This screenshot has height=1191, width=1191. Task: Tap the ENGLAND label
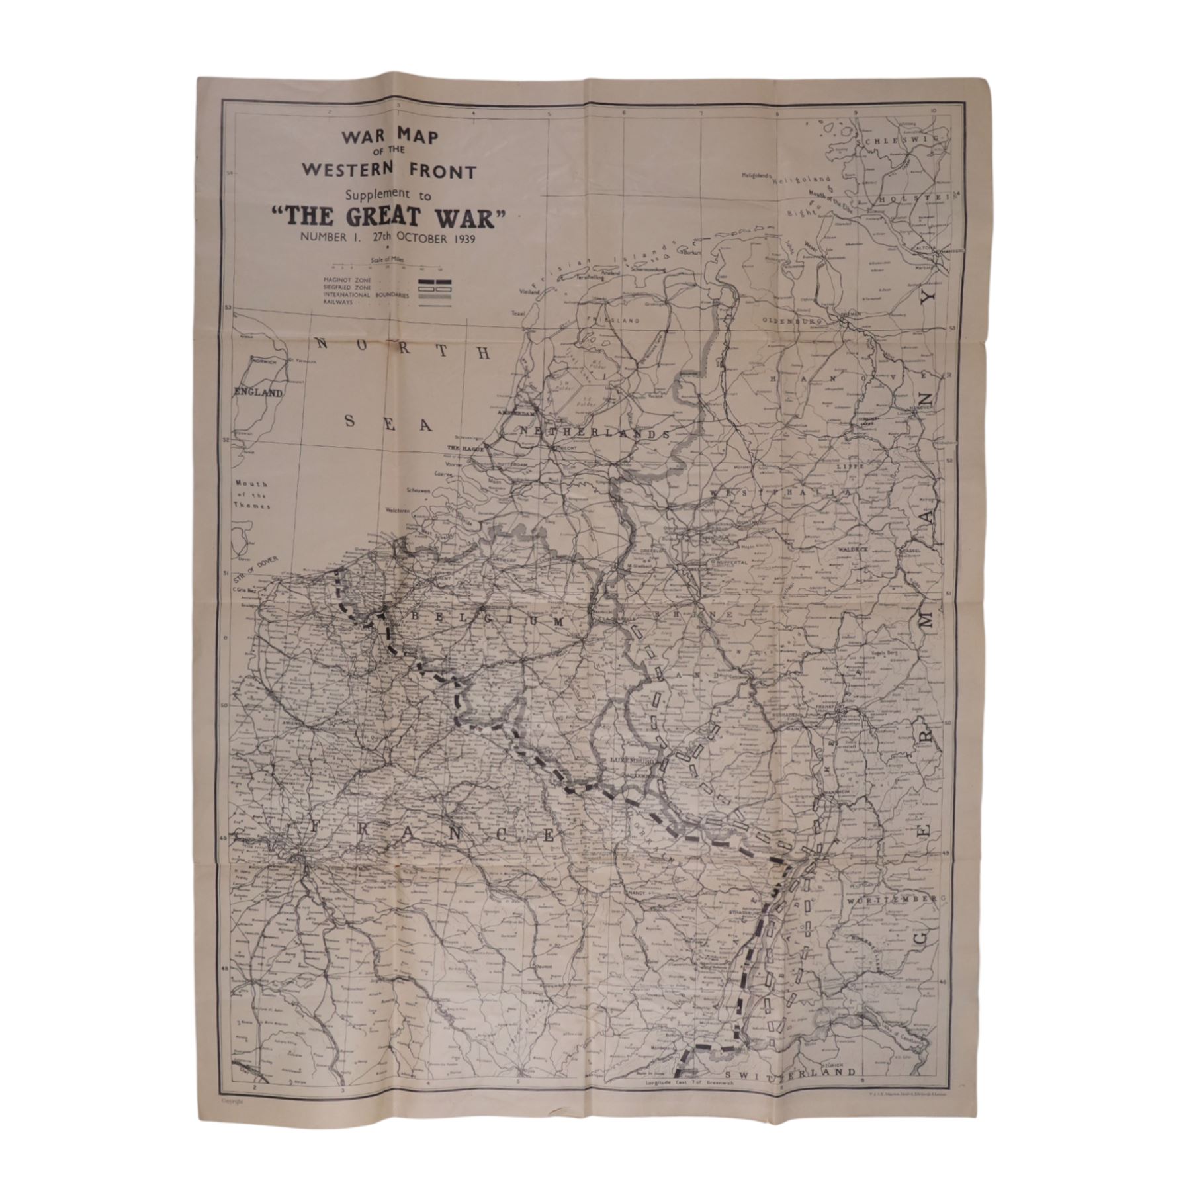(x=259, y=392)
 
